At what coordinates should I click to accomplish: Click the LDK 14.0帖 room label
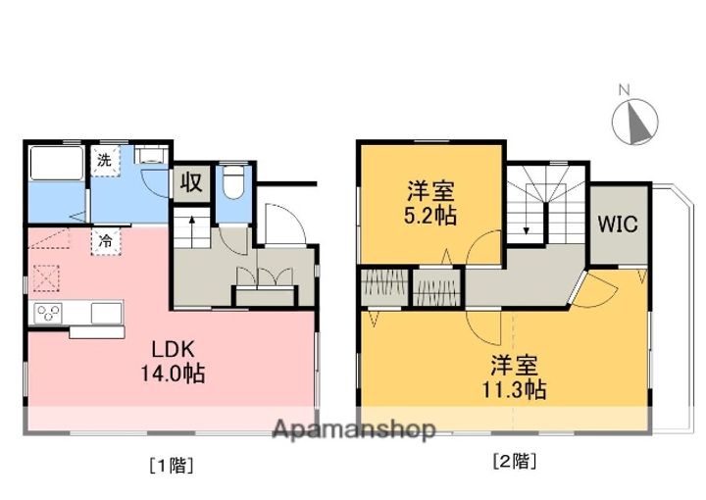(x=176, y=361)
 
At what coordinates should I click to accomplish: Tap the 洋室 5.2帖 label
(x=431, y=201)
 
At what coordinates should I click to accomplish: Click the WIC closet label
(x=618, y=224)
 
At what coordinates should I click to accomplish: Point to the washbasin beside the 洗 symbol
(x=153, y=156)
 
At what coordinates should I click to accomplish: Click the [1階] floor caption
(x=172, y=466)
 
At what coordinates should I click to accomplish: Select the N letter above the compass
(x=624, y=91)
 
